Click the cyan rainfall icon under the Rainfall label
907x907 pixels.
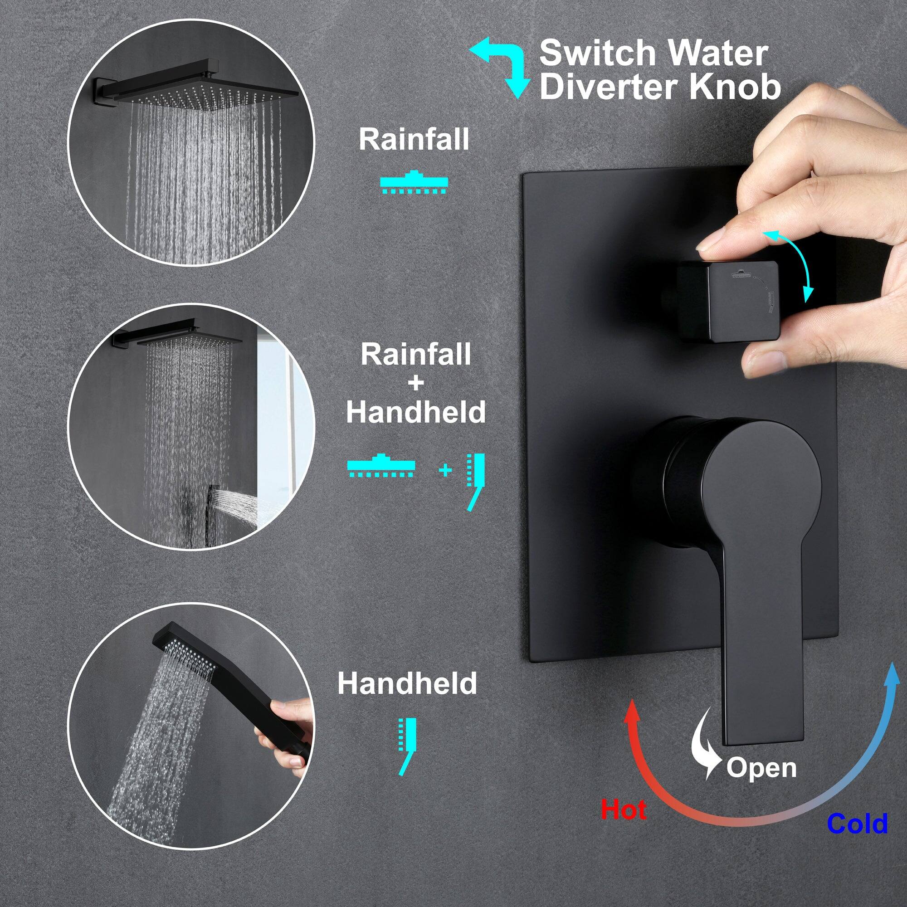pyautogui.click(x=414, y=183)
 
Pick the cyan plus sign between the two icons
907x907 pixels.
pyautogui.click(x=445, y=469)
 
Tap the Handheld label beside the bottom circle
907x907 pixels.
pyautogui.click(x=407, y=683)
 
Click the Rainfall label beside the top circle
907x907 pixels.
pyautogui.click(x=414, y=139)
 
